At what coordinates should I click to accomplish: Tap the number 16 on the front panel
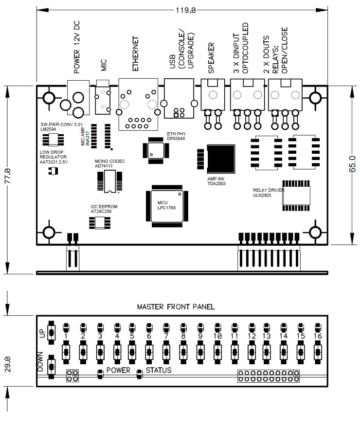point(318,336)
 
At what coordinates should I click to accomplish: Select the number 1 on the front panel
point(66,336)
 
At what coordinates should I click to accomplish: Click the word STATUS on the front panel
point(159,370)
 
